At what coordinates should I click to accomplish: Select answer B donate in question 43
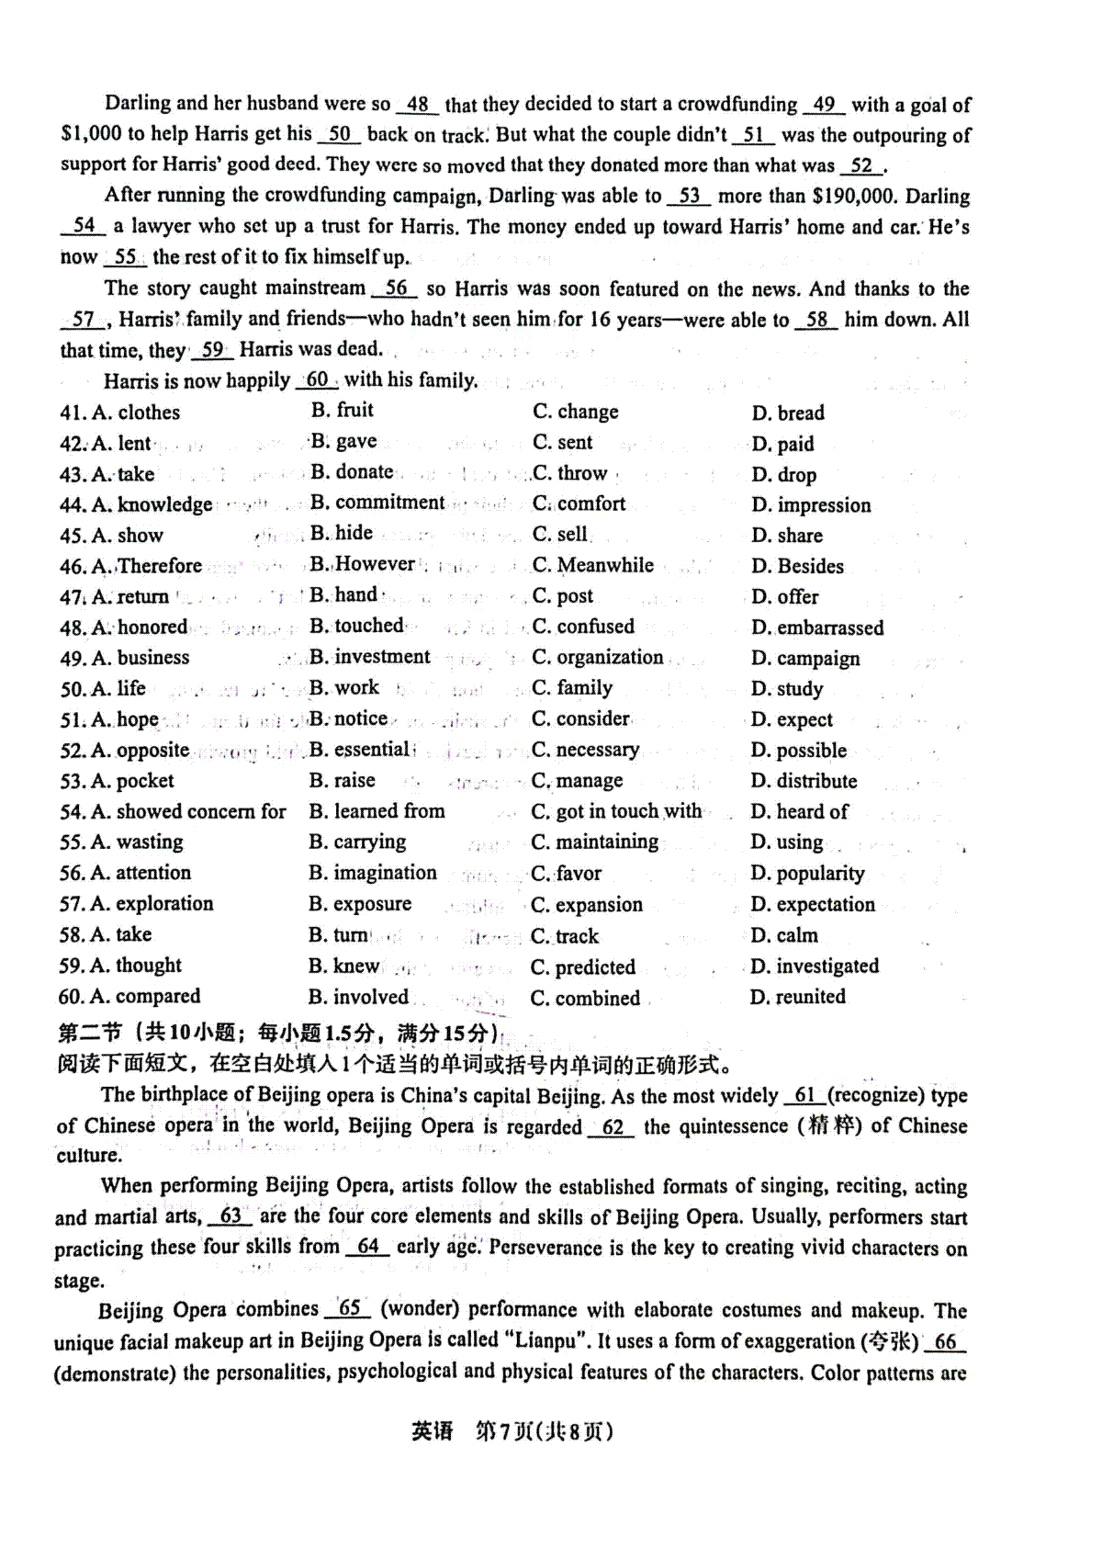tap(353, 472)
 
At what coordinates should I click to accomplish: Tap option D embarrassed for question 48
tap(817, 627)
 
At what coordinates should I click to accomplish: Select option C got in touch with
tap(616, 811)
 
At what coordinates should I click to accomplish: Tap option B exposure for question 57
tap(360, 904)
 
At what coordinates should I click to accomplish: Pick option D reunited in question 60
tap(798, 997)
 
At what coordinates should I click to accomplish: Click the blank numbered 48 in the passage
tap(418, 105)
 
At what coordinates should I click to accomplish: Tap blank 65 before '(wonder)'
tap(349, 1309)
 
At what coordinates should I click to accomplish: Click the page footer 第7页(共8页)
tap(543, 1431)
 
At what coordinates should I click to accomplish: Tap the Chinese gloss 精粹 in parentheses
tap(832, 1126)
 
